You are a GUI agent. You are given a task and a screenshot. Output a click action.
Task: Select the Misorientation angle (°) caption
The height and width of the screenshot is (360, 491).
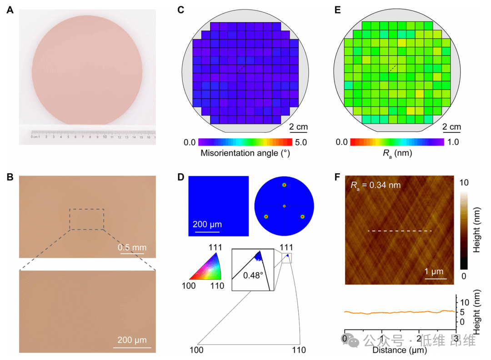point(245,154)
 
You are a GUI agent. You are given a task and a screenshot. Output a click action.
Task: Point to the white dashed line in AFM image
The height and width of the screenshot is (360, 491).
point(399,231)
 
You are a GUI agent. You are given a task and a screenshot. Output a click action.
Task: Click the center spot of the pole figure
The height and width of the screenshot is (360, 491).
point(284,206)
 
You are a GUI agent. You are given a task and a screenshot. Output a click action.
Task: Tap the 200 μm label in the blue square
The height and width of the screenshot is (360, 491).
point(207,224)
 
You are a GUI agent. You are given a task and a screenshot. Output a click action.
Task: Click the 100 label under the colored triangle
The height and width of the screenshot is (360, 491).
point(189,285)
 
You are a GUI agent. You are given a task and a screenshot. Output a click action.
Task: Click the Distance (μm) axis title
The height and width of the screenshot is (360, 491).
point(399,350)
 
